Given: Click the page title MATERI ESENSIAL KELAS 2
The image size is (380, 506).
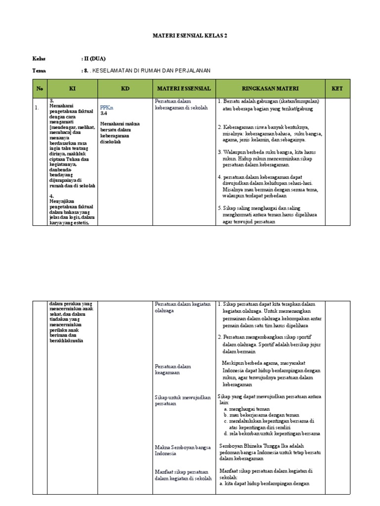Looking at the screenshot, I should point(190,36).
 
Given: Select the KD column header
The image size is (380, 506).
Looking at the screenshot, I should point(125,88).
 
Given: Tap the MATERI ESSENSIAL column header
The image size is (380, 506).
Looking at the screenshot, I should point(184,88).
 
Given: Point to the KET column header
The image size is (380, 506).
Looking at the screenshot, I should point(337,88).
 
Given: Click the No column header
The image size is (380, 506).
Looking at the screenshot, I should point(40,88).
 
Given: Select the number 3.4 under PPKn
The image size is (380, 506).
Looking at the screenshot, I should point(104,113).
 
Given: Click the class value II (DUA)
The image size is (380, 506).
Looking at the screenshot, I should point(94,58).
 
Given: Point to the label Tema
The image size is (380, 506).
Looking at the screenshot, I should point(39,71).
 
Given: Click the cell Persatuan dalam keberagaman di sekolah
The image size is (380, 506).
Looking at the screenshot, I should point(181,104).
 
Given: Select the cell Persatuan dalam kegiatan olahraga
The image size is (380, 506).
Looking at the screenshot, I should point(183,307).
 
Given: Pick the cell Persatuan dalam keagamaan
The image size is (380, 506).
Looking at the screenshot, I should point(173,369).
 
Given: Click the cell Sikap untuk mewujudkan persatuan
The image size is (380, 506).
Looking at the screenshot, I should point(183,400).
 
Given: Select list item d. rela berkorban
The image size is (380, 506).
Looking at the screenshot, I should point(272,433).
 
